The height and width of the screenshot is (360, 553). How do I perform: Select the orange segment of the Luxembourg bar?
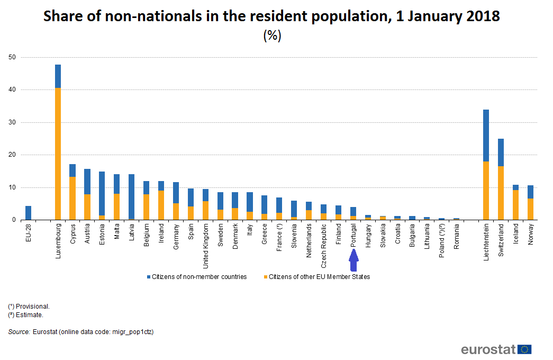tap(58, 154)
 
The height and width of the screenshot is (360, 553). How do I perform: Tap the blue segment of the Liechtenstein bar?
tap(486, 136)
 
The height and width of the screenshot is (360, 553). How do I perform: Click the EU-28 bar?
tap(29, 213)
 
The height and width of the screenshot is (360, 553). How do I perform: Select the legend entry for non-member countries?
tap(198, 277)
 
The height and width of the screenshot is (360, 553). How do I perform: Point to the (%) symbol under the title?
tap(272, 36)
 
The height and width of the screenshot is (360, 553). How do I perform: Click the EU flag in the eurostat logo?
tap(525, 349)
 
